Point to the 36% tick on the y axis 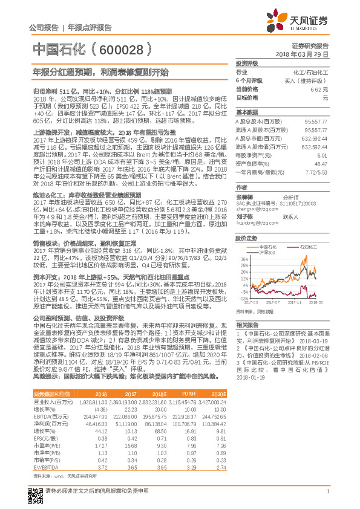(243, 258)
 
